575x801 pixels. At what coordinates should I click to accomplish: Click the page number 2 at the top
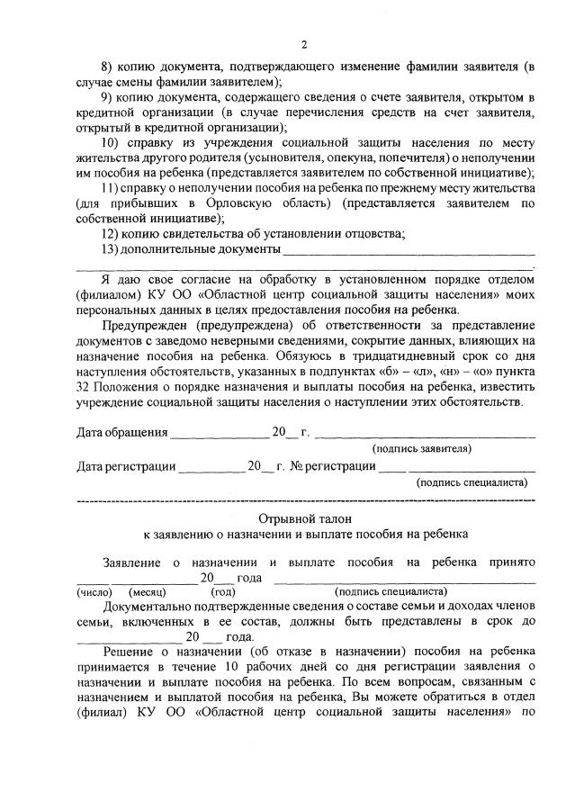click(304, 44)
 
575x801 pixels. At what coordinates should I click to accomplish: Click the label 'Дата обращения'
click(122, 432)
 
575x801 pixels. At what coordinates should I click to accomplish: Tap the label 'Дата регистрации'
click(126, 466)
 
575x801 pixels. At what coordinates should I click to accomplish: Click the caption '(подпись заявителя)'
click(421, 448)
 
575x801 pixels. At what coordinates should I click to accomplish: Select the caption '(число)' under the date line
click(93, 592)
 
